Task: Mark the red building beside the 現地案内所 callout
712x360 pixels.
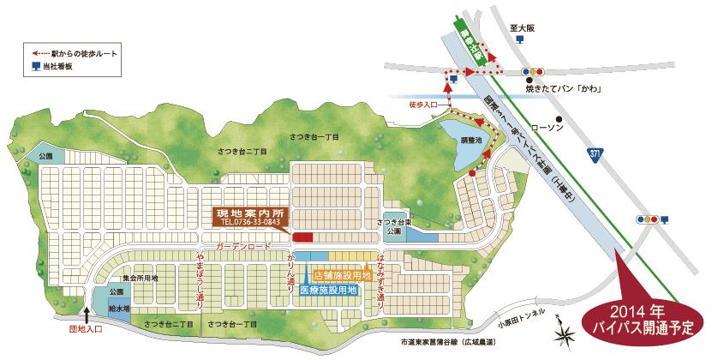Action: [303, 237]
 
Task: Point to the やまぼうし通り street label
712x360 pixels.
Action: [200, 280]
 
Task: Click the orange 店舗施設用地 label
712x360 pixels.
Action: [342, 276]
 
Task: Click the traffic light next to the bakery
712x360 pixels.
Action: [535, 71]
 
